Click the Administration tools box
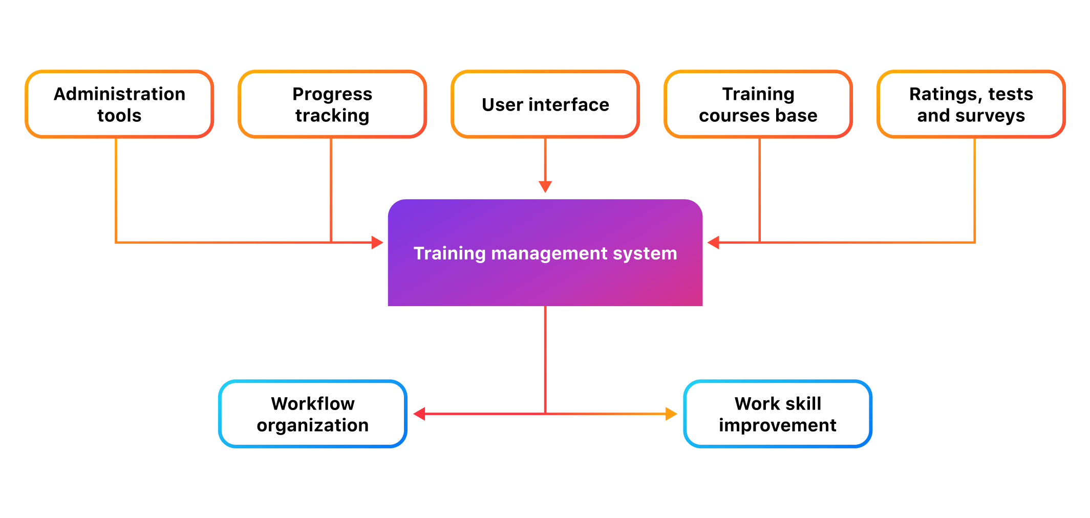click(119, 104)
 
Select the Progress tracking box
click(332, 104)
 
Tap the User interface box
click(545, 104)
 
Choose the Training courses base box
click(758, 104)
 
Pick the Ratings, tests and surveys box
click(971, 104)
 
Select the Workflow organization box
click(313, 414)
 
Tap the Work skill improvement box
click(778, 414)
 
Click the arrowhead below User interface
click(545, 186)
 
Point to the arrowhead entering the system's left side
click(377, 243)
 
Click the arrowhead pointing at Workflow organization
click(419, 414)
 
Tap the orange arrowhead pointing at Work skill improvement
click(671, 414)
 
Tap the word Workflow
click(313, 404)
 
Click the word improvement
click(777, 425)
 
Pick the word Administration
click(119, 94)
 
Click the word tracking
click(332, 116)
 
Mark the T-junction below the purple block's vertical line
click(545, 414)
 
